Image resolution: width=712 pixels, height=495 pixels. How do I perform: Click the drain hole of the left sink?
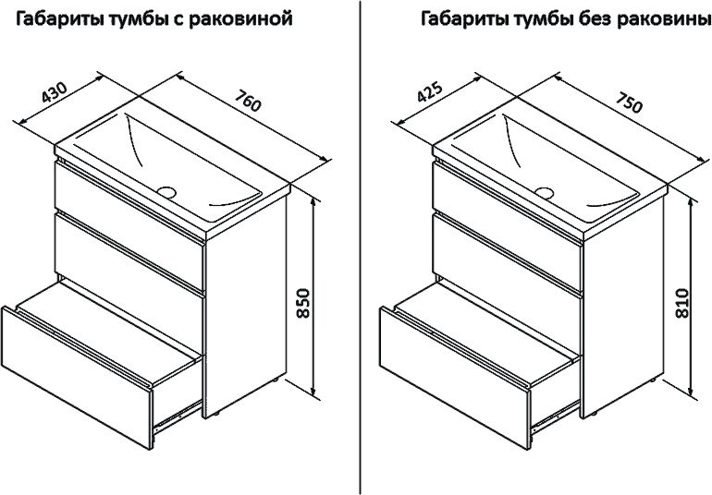click(167, 191)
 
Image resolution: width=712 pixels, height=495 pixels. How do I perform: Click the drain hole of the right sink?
click(545, 192)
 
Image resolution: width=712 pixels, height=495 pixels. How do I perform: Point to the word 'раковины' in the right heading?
click(657, 18)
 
